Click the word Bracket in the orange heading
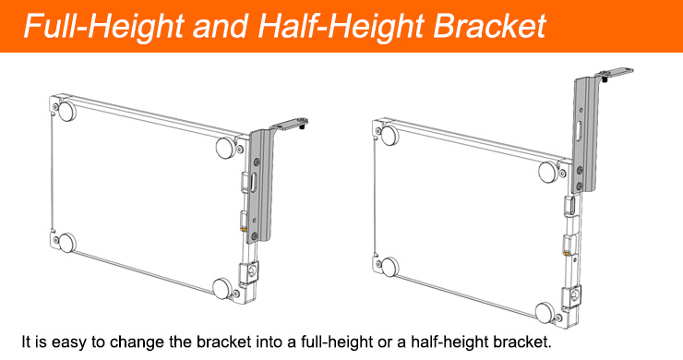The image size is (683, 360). (489, 27)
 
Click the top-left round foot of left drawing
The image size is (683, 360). (67, 111)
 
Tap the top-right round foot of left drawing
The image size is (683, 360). (225, 148)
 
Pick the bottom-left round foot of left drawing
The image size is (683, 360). (66, 243)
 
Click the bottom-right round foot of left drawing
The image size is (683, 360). (222, 289)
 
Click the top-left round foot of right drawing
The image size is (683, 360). (389, 135)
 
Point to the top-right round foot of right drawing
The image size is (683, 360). (547, 172)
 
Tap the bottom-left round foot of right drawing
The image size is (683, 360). (389, 267)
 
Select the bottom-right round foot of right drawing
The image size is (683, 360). (545, 313)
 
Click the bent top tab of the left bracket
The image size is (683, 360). (289, 125)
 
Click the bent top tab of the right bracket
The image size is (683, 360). (615, 73)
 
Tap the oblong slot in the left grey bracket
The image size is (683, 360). (254, 182)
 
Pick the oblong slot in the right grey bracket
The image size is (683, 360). (578, 130)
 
